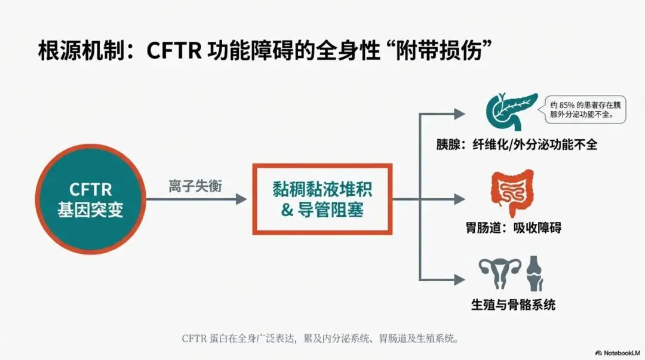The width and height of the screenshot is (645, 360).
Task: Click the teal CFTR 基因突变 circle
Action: [x=90, y=199]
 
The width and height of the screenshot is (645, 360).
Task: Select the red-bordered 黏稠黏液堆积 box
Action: [x=322, y=199]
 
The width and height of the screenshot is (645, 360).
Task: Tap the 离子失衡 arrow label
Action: [x=195, y=186]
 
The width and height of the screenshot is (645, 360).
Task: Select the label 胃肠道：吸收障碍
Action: [x=514, y=228]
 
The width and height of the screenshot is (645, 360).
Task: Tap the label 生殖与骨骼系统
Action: [x=514, y=304]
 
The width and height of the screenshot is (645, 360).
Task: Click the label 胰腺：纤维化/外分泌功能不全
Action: [x=517, y=144]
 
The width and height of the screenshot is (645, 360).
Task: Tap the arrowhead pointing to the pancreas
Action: [x=459, y=112]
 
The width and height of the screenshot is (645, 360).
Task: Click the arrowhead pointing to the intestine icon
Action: [x=459, y=199]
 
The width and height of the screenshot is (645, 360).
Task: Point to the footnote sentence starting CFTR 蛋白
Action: [x=322, y=339]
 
